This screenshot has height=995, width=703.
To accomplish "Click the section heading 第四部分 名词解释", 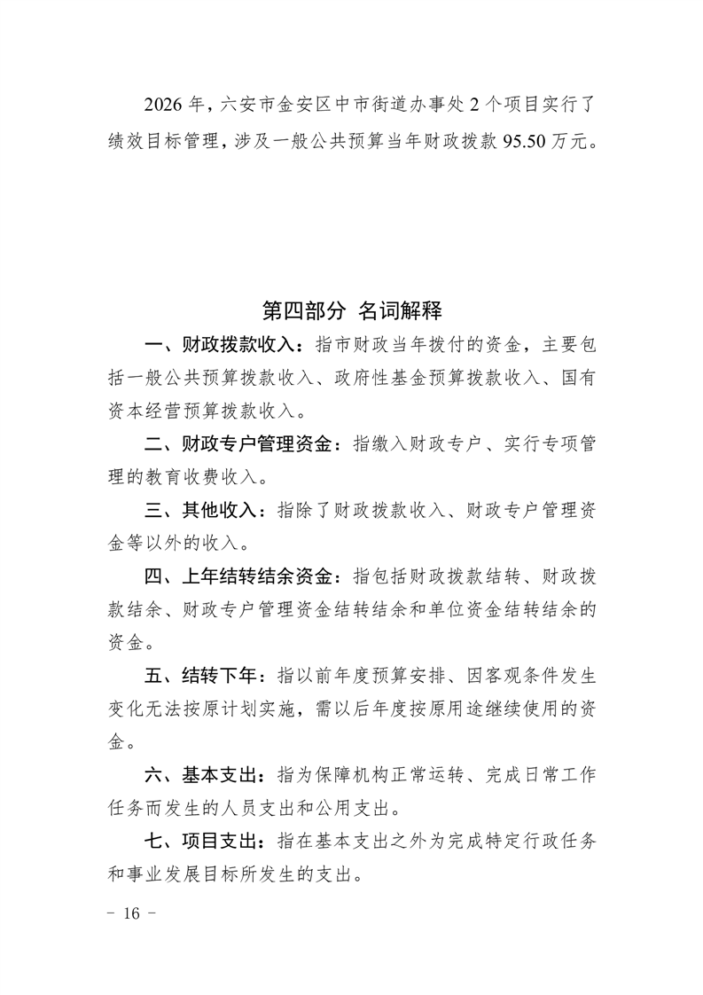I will [352, 310].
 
